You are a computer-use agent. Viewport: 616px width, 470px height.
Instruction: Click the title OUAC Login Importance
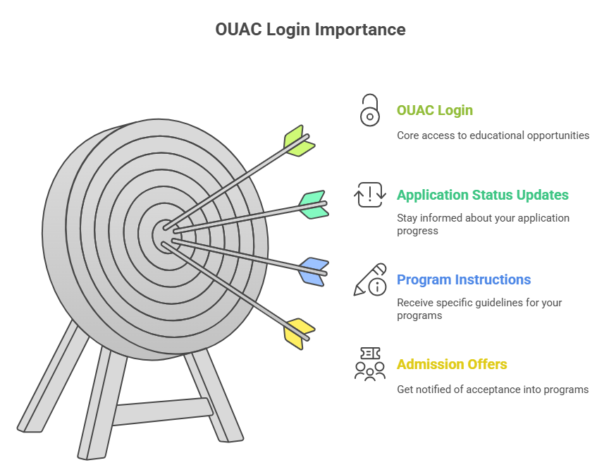(310, 30)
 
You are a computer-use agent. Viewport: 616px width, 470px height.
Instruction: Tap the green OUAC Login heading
(434, 111)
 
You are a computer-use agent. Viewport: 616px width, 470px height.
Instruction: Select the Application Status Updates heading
(482, 195)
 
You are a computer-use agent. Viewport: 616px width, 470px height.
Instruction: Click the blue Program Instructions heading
(464, 280)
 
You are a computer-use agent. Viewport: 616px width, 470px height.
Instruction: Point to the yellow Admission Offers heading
(452, 365)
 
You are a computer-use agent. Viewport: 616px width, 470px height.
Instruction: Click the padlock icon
(369, 111)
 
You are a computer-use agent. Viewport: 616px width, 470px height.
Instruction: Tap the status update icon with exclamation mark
(370, 195)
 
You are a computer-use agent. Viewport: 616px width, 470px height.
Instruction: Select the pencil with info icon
(370, 279)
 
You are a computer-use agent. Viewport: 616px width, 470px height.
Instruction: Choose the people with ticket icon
(370, 364)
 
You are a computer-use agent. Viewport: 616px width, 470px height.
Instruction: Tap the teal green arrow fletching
(312, 205)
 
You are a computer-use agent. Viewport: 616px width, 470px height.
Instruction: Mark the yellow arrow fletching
(299, 332)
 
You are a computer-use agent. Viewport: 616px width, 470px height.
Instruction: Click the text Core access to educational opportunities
(493, 135)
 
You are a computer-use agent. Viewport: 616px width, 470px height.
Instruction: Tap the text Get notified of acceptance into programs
(493, 390)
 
